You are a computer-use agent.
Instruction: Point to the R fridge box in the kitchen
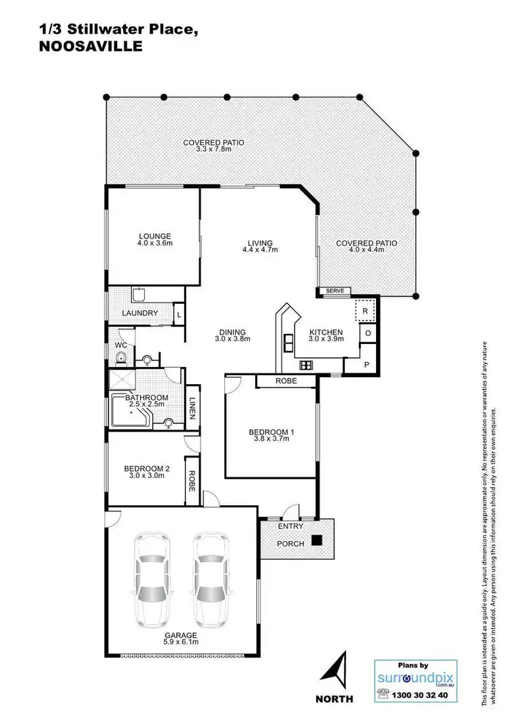click(365, 310)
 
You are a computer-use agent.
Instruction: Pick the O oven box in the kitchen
click(367, 334)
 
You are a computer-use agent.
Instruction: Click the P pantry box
click(367, 364)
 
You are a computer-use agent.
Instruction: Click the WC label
click(120, 345)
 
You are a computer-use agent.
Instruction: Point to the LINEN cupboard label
click(192, 409)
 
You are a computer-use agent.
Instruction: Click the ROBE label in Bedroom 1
click(286, 381)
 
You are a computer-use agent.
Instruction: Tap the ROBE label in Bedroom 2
click(192, 482)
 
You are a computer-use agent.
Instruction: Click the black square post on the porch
click(317, 541)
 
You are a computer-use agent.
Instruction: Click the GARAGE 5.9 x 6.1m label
click(181, 638)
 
